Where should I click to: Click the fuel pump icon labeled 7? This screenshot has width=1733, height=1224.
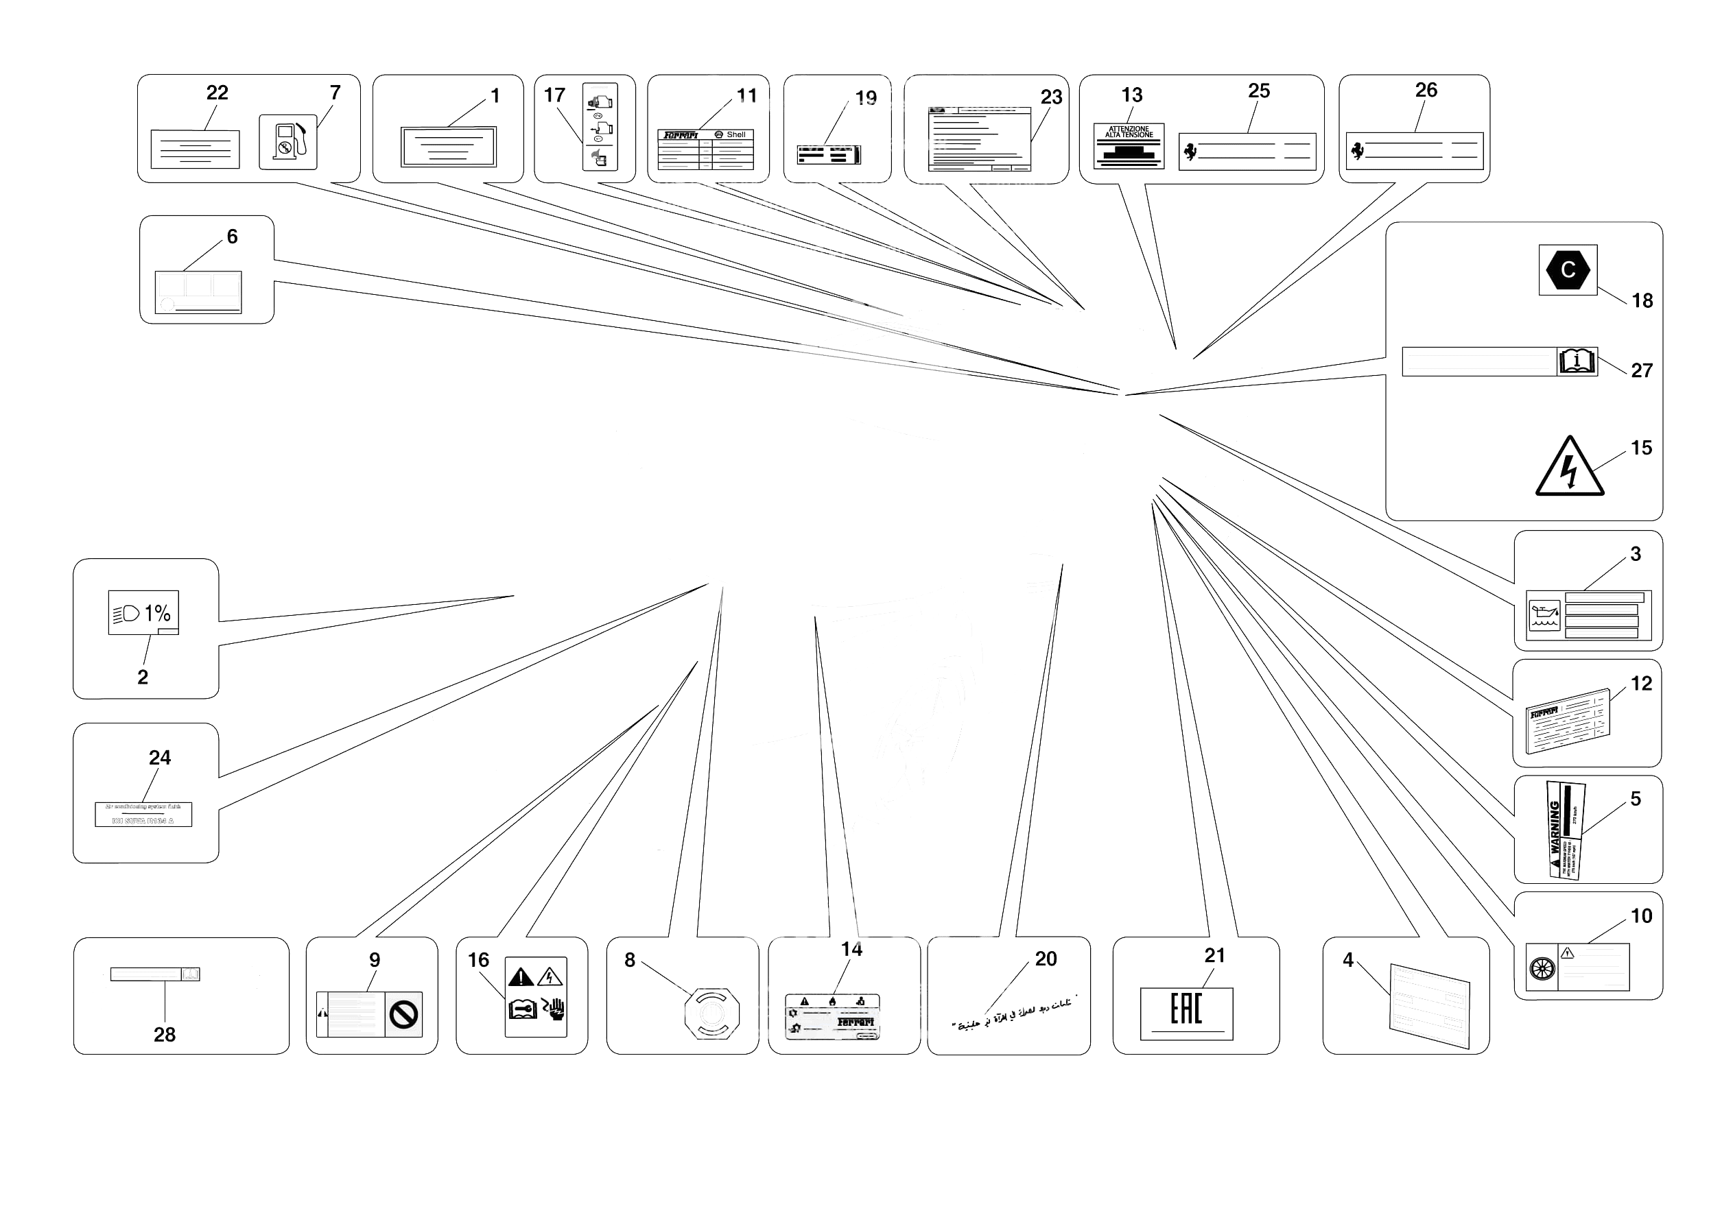[288, 142]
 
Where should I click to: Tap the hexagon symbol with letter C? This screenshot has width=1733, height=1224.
[1568, 269]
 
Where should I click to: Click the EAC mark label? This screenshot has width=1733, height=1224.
[1186, 1013]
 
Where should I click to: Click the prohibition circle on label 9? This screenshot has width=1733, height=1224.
[404, 1014]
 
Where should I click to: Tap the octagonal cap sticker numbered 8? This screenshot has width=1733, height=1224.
[711, 1013]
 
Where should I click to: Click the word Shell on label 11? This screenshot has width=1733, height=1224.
[736, 135]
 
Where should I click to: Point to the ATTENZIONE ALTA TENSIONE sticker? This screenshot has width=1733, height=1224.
[1129, 145]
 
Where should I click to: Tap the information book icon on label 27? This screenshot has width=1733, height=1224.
[1577, 361]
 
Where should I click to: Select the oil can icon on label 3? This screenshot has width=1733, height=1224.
[1544, 615]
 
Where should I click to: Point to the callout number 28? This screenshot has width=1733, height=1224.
[165, 1034]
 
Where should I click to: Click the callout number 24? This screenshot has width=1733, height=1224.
[159, 757]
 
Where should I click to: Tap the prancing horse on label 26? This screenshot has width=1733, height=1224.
[1357, 150]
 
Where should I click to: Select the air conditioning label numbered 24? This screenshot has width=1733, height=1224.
[143, 814]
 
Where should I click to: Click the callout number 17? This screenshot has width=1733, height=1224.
[554, 95]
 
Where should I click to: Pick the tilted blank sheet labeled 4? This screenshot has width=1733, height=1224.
[1430, 1005]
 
